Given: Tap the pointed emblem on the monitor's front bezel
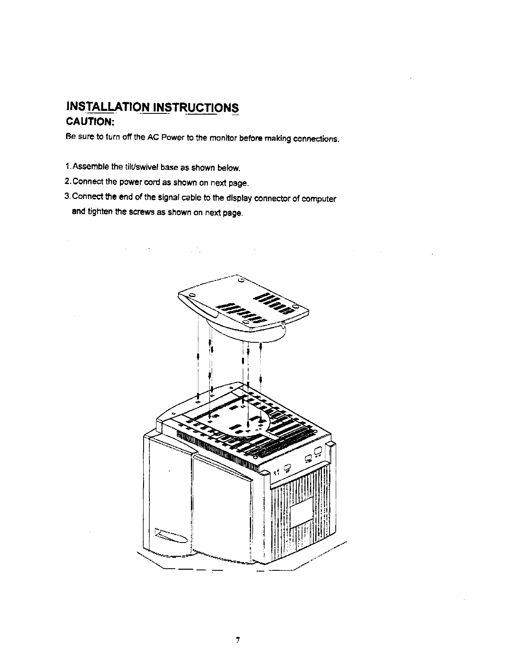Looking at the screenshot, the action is (171, 536).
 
